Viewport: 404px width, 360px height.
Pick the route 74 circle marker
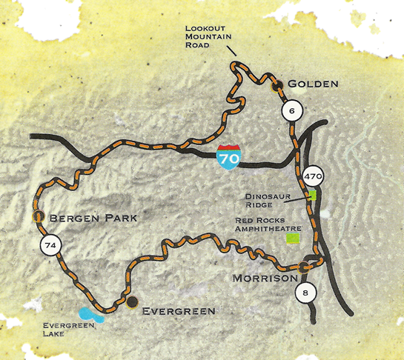50,246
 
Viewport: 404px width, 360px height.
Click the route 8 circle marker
306,293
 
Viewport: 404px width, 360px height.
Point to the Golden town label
312,84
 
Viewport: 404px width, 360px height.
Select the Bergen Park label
82,219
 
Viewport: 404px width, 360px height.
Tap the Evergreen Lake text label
64,330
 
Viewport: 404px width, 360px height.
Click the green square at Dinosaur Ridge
313,196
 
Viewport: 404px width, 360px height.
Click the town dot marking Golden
276,86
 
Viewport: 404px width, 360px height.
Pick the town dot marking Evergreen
132,301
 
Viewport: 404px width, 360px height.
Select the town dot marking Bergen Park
37,216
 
